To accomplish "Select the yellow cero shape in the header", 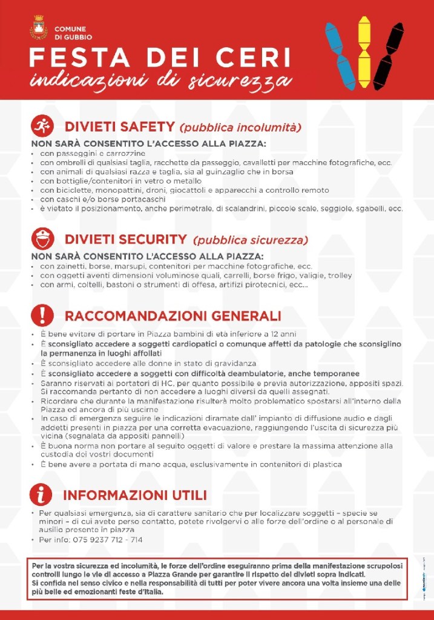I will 364,52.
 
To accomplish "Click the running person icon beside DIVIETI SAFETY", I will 42,126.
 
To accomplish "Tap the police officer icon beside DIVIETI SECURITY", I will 42,238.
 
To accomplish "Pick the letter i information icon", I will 42,495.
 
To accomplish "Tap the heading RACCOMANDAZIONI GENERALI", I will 173,316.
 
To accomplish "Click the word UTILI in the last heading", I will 184,495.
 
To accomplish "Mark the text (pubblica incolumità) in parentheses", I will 240,128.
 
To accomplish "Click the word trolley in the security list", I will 340,276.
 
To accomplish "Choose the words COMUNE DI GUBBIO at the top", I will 71,33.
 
